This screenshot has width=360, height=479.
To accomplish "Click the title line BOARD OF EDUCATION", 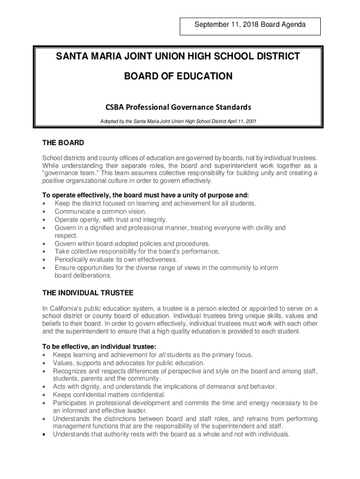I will (x=178, y=76).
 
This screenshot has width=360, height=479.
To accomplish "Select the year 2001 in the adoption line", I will (x=249, y=121).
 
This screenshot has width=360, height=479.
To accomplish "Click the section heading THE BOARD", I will (x=63, y=143).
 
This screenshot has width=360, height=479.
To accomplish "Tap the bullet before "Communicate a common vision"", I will (x=44, y=211).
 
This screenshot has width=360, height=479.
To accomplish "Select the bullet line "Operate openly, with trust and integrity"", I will (x=110, y=219).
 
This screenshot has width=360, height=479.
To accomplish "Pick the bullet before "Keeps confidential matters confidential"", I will (x=44, y=395).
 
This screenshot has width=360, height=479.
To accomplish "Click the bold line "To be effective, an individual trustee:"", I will (x=99, y=347).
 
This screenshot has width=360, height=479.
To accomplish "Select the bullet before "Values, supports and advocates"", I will (x=44, y=363).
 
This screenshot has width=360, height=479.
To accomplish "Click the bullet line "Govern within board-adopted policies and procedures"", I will (x=132, y=244).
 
